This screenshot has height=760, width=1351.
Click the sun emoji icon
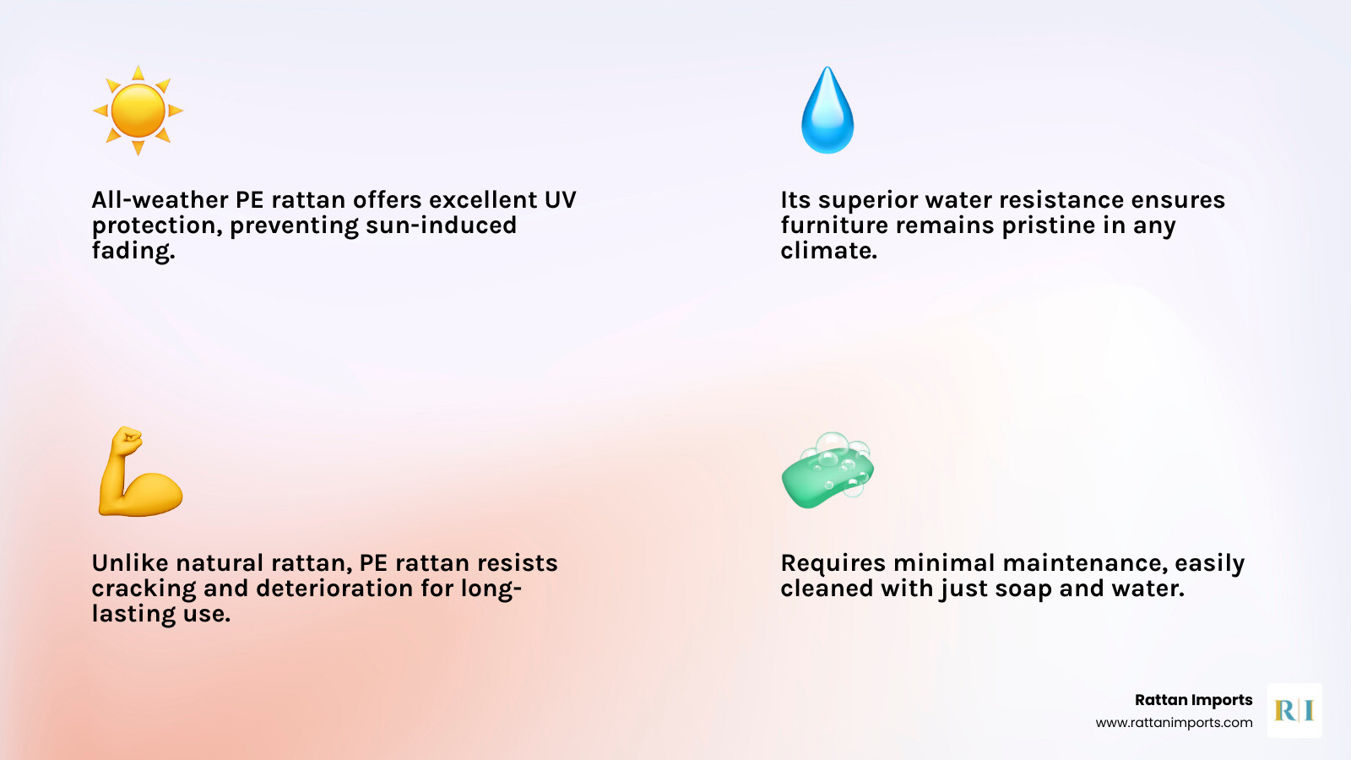click(x=138, y=111)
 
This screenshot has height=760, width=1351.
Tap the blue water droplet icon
click(x=827, y=110)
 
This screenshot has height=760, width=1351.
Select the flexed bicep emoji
click(x=140, y=472)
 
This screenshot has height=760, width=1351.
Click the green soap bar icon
click(x=827, y=470)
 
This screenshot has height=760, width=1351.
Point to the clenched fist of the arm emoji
click(x=128, y=440)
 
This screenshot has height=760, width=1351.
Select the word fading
click(x=133, y=251)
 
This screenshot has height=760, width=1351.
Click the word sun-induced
click(x=441, y=225)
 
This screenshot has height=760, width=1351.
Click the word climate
click(x=828, y=251)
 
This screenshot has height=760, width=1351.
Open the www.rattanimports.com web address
click(x=1174, y=723)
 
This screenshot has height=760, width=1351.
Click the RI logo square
click(x=1294, y=710)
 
